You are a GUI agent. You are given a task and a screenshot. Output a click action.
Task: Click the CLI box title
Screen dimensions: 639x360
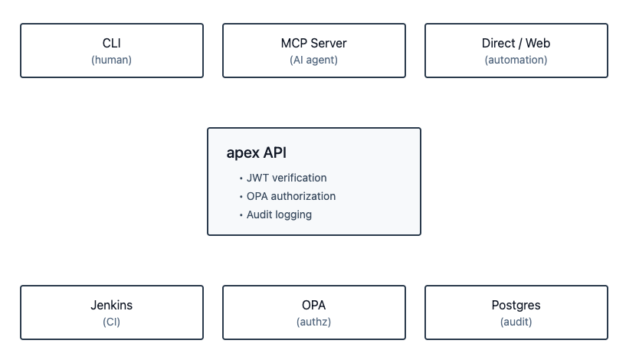point(111,43)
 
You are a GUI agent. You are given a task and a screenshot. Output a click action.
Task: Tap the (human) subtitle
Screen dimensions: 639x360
point(111,60)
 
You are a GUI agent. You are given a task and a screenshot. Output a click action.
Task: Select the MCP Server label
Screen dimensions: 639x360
point(314,43)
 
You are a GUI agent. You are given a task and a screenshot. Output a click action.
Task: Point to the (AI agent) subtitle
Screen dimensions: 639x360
point(314,60)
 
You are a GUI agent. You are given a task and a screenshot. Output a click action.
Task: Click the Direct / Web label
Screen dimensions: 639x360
point(516,43)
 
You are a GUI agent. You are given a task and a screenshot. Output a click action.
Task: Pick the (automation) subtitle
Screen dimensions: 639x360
point(516,60)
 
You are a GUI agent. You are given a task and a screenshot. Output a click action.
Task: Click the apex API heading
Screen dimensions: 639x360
point(257,152)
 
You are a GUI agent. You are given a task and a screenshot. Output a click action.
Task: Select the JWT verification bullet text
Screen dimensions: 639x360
point(287,178)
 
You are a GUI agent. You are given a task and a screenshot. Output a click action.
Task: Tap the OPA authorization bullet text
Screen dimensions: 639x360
point(291,196)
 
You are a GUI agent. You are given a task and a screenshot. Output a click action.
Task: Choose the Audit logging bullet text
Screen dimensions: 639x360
point(279,214)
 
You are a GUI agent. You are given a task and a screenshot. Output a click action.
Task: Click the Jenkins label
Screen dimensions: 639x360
point(111,305)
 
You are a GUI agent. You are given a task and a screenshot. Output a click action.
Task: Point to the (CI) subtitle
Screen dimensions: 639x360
point(111,322)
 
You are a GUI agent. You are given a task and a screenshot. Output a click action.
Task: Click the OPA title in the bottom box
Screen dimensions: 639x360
point(314,305)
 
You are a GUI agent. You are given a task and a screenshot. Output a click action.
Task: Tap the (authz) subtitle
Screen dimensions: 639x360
point(314,322)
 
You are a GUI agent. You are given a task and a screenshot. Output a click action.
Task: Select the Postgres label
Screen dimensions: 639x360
point(516,305)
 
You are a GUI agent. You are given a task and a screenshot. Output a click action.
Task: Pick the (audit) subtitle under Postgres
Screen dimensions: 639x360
point(516,322)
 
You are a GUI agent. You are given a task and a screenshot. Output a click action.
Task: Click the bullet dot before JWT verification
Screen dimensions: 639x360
point(241,178)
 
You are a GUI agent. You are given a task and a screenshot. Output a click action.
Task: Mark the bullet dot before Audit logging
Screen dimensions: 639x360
point(241,215)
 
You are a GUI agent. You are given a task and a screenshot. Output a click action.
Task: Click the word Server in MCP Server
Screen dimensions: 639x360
point(328,43)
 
